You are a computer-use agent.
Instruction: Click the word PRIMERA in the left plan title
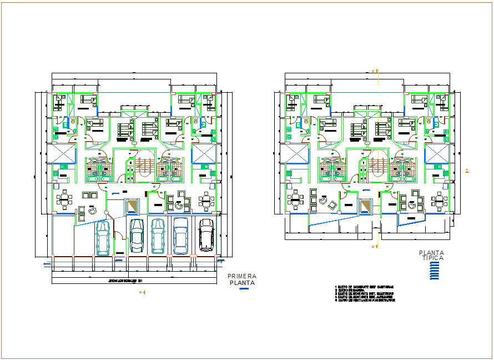(241, 276)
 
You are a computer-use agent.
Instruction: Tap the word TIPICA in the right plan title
(432, 258)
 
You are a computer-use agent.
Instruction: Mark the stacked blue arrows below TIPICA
(435, 271)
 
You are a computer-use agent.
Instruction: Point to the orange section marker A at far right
(467, 170)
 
